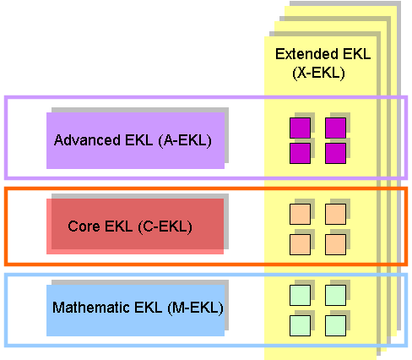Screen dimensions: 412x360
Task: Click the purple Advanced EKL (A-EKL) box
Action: point(135,140)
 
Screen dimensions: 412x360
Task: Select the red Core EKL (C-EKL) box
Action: point(135,226)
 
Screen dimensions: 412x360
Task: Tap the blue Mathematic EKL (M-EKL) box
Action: point(135,310)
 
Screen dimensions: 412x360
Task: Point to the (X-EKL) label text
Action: point(318,74)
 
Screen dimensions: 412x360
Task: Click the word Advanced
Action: point(87,140)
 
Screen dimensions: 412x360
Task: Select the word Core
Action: point(84,226)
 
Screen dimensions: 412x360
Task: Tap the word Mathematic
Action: point(91,308)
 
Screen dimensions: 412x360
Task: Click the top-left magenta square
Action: point(300,128)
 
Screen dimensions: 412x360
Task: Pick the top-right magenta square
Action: point(335,128)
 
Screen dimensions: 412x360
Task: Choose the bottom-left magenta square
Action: point(300,153)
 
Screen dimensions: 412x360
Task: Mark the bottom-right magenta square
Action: point(335,153)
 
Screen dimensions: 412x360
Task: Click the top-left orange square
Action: point(300,215)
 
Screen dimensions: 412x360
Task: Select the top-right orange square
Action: point(335,215)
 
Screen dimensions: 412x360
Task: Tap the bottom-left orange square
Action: point(300,244)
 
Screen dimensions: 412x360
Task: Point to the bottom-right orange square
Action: point(335,244)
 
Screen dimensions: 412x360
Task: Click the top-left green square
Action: point(300,295)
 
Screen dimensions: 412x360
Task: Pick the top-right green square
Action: point(335,295)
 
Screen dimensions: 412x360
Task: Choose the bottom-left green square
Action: point(300,325)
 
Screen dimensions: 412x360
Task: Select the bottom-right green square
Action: point(335,325)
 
